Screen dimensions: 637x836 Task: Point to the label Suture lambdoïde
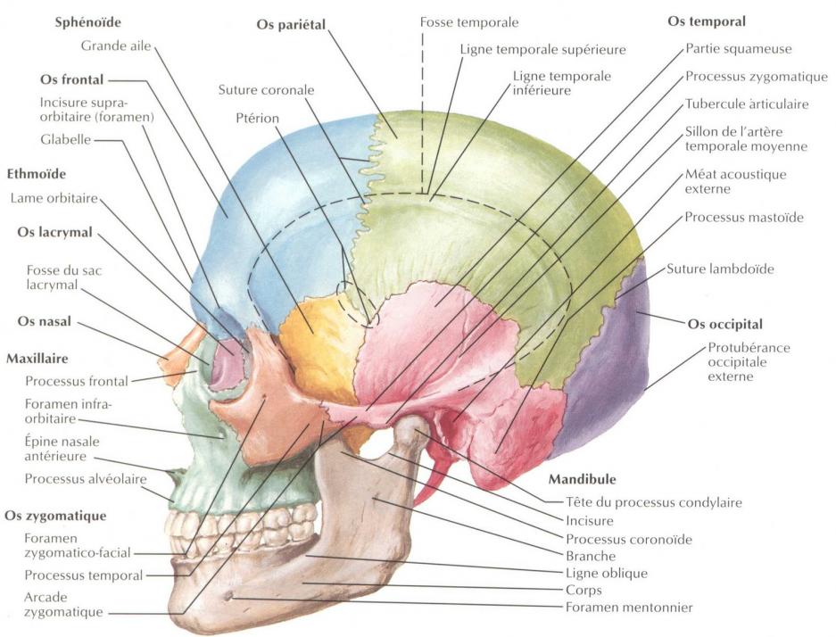720,268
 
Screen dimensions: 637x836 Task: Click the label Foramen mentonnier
629,608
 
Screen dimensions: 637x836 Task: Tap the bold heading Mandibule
582,479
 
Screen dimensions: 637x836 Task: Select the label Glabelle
66,139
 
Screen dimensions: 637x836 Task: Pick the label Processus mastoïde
744,217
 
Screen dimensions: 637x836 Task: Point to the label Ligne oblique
607,573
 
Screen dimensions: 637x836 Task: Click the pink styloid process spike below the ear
427,486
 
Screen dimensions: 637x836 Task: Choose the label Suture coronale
266,90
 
